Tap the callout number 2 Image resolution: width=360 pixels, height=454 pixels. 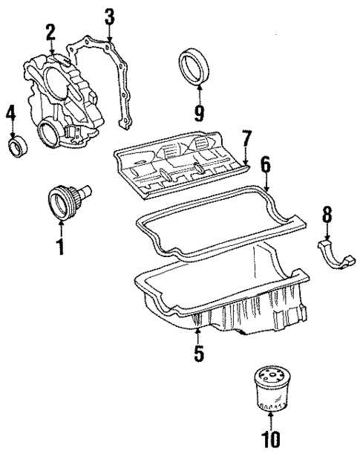[50, 32]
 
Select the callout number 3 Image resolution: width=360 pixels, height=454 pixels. [109, 16]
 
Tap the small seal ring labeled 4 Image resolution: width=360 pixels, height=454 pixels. [18, 146]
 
